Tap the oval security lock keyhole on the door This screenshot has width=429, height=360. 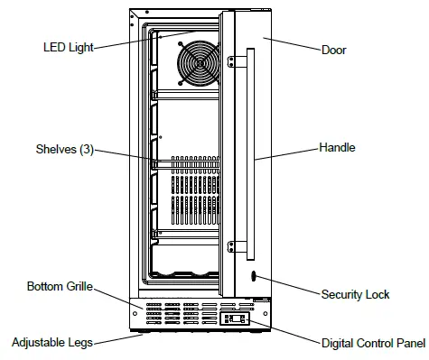253,277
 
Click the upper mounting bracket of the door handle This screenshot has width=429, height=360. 237,61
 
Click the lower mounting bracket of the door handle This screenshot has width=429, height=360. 237,244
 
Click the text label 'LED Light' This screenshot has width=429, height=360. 67,47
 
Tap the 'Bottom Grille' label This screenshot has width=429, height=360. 61,287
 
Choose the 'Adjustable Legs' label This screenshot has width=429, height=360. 52,342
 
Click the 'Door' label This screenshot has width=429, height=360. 333,50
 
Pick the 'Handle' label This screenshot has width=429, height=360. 337,147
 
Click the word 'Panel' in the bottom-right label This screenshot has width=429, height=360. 409,343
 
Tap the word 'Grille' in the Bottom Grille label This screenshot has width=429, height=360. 79,287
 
